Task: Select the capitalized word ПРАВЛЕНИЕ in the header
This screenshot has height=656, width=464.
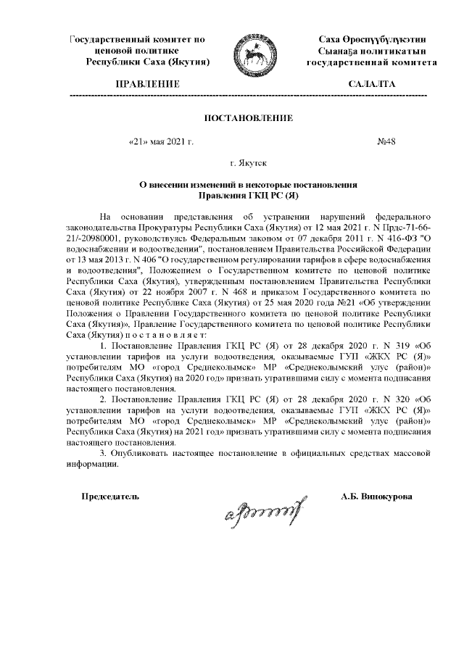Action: click(149, 85)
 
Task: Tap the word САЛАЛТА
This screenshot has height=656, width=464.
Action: click(371, 85)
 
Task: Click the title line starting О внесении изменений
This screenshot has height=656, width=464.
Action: click(249, 185)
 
